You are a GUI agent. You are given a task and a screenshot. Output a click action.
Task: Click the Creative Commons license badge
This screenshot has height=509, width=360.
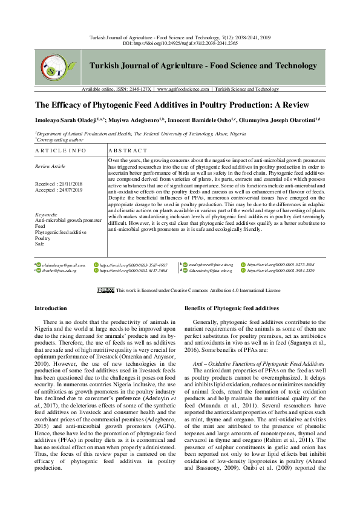point(106,290)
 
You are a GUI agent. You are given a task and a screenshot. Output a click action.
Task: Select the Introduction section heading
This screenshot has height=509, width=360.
point(51,308)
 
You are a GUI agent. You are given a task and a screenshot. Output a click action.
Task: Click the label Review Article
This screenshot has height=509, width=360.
point(50,166)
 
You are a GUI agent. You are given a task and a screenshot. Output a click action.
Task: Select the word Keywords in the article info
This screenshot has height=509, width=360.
point(46,214)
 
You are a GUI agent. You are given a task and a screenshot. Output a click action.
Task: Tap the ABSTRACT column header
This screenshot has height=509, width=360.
point(128,149)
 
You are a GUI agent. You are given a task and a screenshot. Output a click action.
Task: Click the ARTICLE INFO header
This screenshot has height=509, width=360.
point(61,149)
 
